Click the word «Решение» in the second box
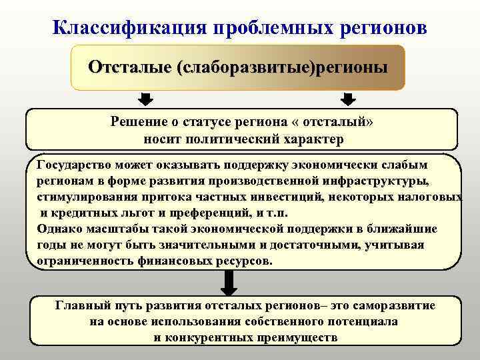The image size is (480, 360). pos(139,123)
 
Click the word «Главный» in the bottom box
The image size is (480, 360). pos(80,305)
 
